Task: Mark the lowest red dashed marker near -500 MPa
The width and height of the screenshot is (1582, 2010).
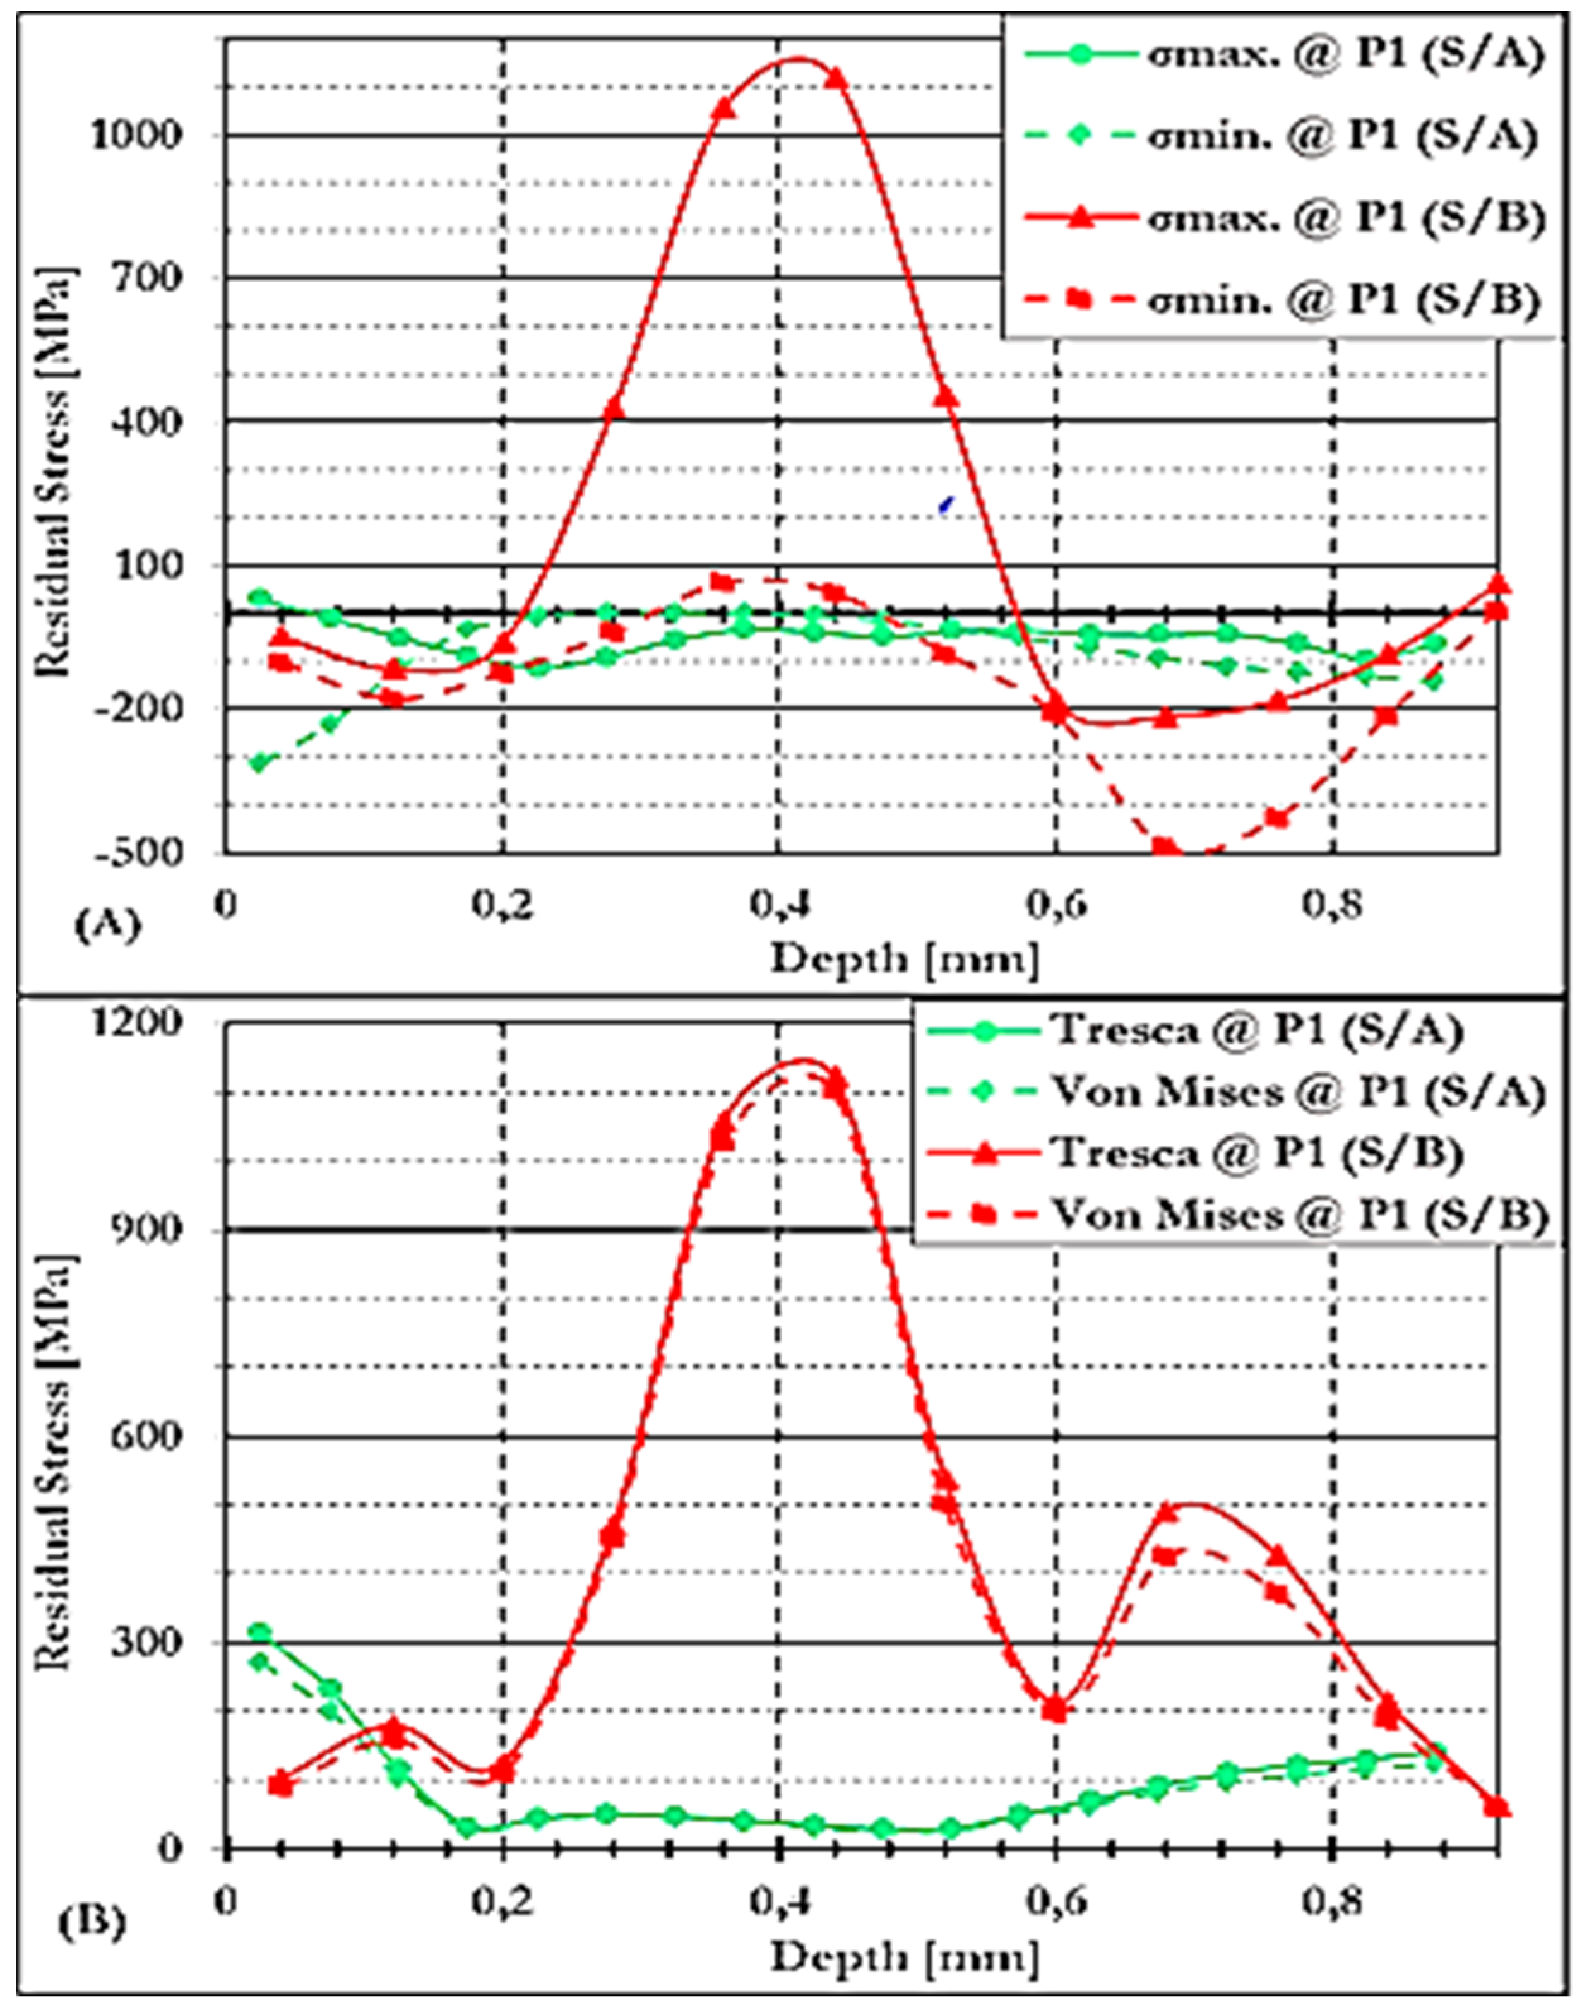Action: tap(1165, 847)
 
